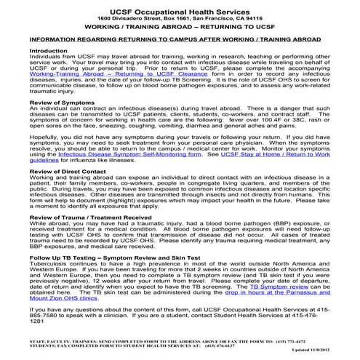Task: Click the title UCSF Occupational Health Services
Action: (x=180, y=9)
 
